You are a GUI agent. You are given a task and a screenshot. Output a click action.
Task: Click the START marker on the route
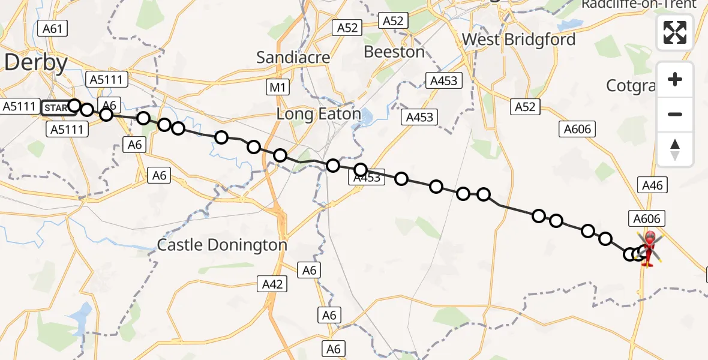click(x=55, y=108)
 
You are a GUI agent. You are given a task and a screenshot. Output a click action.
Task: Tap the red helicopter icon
click(x=649, y=248)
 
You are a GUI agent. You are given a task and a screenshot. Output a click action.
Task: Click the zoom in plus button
click(x=675, y=80)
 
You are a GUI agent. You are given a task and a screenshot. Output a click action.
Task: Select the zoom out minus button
click(x=675, y=114)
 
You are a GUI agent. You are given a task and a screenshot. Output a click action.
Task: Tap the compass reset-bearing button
click(x=675, y=149)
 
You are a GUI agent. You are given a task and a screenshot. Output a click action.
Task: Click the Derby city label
click(x=35, y=62)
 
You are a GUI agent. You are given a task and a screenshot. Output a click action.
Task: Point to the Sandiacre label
click(x=293, y=58)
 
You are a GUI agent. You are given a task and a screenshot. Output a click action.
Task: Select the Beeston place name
click(x=394, y=52)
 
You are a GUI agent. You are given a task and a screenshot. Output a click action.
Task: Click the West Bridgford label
click(x=518, y=40)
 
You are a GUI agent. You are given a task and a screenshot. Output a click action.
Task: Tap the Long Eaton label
click(x=318, y=114)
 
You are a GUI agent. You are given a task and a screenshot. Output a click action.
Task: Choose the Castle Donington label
click(x=222, y=245)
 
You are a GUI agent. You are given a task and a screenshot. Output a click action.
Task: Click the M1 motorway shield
click(x=276, y=88)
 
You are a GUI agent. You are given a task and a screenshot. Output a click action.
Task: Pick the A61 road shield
click(x=52, y=28)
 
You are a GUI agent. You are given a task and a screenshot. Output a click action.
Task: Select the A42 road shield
click(x=272, y=284)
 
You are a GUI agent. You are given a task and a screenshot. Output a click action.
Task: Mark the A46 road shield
click(x=652, y=185)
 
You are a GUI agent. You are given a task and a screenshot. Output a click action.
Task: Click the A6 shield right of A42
click(x=310, y=271)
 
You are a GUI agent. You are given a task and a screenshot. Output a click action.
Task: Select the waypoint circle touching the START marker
click(x=74, y=106)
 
